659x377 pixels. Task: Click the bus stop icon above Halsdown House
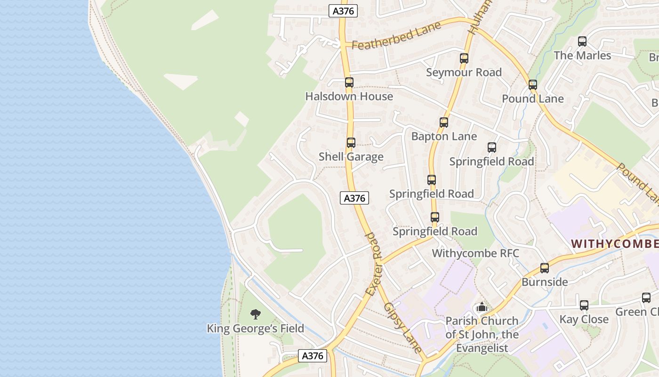349,82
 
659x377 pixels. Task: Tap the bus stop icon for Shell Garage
351,143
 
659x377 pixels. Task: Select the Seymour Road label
464,72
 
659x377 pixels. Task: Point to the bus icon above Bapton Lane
443,123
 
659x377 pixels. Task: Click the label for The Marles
582,55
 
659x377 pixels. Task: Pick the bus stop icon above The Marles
582,41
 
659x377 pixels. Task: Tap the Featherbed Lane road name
396,36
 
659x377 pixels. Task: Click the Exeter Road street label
375,264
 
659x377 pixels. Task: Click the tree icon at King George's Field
256,314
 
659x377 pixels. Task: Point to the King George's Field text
256,328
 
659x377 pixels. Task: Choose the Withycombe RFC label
475,253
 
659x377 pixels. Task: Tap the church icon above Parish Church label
482,307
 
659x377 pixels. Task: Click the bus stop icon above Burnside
545,268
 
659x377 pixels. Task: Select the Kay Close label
584,319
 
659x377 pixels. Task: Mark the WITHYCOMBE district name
615,244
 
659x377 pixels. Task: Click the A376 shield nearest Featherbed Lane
343,11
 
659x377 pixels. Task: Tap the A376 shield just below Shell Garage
354,198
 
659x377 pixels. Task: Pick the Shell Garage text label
351,156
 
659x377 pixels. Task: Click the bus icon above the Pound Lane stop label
532,85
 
